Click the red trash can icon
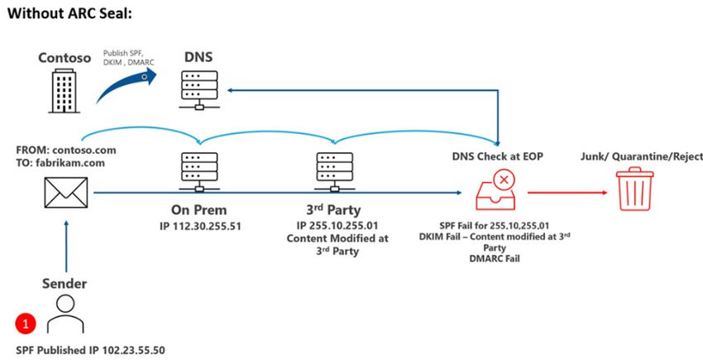tap(637, 190)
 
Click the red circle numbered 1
tap(25, 321)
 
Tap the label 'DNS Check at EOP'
tap(498, 155)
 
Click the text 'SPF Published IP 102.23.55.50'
tap(91, 350)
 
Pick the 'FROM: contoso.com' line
tap(66, 151)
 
